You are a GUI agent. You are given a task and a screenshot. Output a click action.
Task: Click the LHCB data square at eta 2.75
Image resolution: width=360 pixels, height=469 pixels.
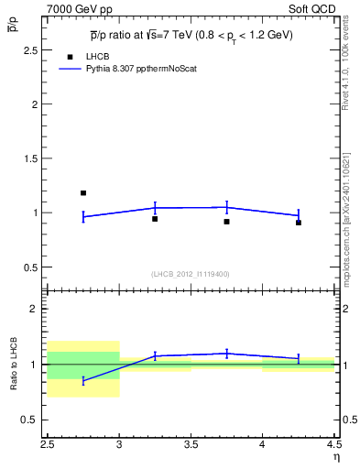(x=83, y=193)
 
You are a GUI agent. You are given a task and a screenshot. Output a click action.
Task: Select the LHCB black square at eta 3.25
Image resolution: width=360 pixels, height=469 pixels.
(x=155, y=219)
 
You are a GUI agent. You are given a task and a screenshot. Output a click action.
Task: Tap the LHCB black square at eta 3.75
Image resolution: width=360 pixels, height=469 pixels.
(x=226, y=222)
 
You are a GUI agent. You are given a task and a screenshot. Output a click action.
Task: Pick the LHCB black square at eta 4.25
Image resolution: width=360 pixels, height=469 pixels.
(x=299, y=223)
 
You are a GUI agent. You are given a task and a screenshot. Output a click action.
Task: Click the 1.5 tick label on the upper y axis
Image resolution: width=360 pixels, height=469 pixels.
(x=31, y=158)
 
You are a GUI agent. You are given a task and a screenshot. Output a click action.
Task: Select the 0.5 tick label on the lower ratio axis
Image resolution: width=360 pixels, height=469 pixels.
(x=31, y=420)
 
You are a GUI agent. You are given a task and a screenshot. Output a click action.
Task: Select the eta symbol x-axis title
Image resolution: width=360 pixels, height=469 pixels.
(x=335, y=457)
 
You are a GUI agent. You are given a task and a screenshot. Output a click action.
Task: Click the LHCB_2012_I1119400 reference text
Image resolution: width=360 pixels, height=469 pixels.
(x=190, y=274)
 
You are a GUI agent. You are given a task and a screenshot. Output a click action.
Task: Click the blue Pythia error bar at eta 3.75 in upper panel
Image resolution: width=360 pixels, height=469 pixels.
(x=226, y=207)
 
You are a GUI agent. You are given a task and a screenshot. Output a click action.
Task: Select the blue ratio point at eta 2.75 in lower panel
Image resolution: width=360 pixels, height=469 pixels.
(x=83, y=380)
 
